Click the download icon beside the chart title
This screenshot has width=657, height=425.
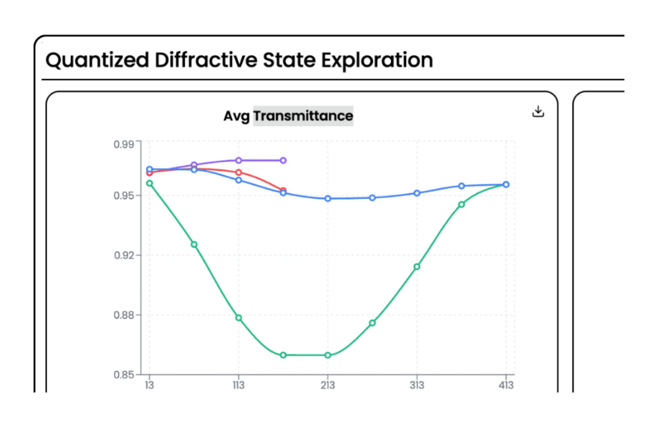538,111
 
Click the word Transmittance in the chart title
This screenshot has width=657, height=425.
303,116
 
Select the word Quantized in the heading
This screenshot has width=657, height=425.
97,61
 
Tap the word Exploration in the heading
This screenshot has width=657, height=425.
377,61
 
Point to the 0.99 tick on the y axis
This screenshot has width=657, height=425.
124,144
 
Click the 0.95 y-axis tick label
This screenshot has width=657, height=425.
124,196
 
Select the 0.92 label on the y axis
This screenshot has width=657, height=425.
124,256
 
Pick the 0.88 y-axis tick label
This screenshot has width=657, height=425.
124,315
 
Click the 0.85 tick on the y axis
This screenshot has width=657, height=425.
124,375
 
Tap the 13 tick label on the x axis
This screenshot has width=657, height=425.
149,385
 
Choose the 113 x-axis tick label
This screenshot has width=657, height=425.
239,385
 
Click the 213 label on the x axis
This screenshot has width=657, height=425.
328,385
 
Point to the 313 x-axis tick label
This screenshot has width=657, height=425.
417,385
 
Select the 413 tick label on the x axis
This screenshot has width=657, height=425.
506,385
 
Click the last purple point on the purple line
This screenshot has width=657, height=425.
283,160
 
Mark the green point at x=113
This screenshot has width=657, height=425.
239,318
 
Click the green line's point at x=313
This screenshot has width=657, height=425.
417,267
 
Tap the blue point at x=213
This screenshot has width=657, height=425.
328,198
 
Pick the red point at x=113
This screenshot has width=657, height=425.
239,172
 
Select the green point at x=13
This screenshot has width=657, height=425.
149,183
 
